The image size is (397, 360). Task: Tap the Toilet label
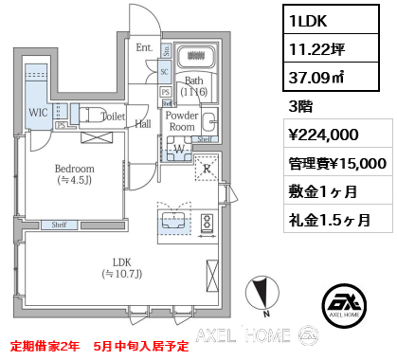pos(113,117)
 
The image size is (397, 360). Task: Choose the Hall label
pos(143,123)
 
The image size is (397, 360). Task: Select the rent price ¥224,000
pos(322,134)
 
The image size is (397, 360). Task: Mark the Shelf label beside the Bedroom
pos(58,225)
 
